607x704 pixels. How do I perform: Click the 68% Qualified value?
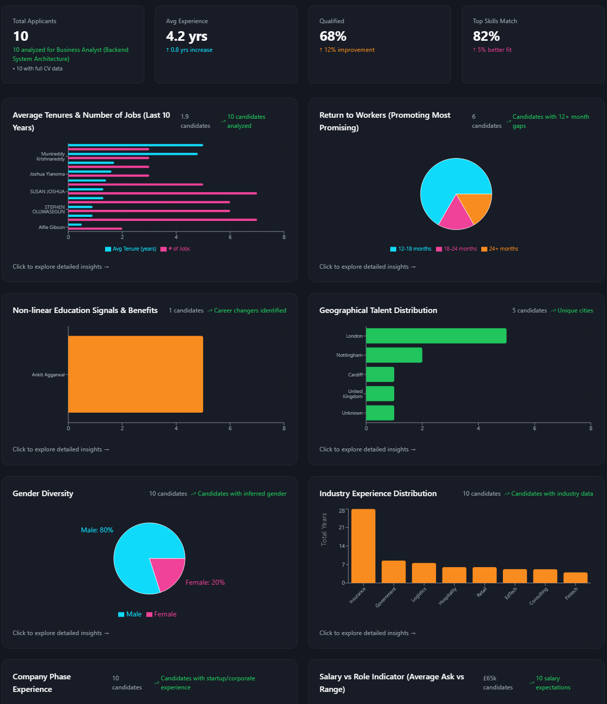coord(333,36)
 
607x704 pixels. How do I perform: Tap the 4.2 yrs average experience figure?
coord(187,36)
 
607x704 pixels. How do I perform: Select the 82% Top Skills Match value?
coord(486,36)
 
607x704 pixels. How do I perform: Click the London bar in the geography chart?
coord(436,336)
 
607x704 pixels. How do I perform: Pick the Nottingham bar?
coord(394,355)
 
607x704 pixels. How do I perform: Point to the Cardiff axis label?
coord(355,375)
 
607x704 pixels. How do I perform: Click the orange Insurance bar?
coord(363,546)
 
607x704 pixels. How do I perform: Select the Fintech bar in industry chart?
coord(575,578)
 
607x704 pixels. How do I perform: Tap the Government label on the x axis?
coord(386,597)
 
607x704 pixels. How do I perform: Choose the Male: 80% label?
coord(97,530)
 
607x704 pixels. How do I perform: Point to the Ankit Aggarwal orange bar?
coord(136,374)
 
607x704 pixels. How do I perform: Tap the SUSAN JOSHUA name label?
coord(47,192)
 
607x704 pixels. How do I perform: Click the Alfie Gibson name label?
coord(51,227)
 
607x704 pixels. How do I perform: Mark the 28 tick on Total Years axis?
coord(342,511)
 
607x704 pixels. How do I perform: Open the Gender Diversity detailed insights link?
coord(61,633)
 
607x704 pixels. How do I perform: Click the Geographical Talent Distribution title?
coord(378,310)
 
